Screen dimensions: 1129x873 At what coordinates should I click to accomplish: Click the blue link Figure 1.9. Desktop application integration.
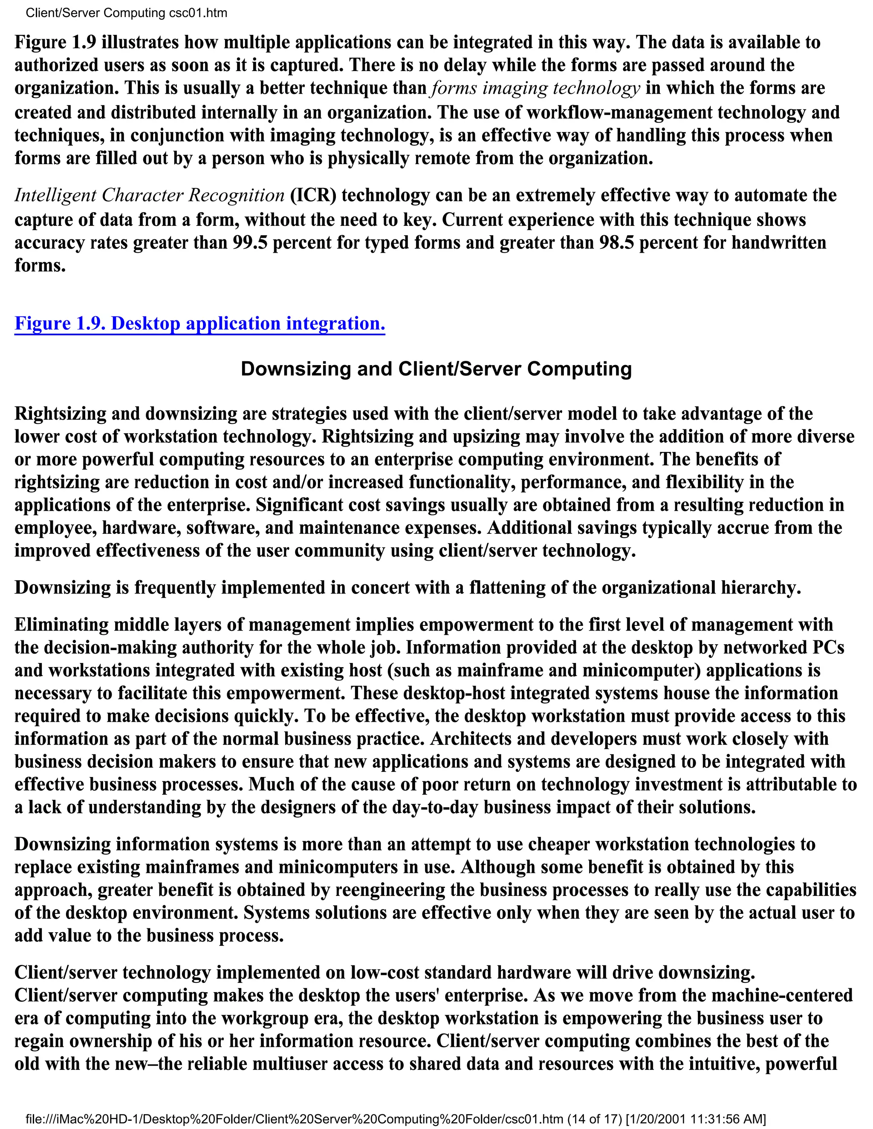(199, 324)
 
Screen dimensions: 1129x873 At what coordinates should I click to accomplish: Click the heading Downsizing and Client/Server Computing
(436, 369)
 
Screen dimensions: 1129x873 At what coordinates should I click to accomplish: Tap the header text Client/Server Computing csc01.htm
(126, 13)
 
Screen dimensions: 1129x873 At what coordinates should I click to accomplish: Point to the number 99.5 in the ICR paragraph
(249, 242)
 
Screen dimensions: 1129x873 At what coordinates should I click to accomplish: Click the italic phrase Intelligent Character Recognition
(149, 196)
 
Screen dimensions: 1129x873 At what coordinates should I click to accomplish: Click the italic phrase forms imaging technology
(535, 88)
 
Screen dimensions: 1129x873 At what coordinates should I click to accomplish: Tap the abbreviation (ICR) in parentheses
(313, 196)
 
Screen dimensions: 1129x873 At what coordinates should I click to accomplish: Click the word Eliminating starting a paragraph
(61, 625)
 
